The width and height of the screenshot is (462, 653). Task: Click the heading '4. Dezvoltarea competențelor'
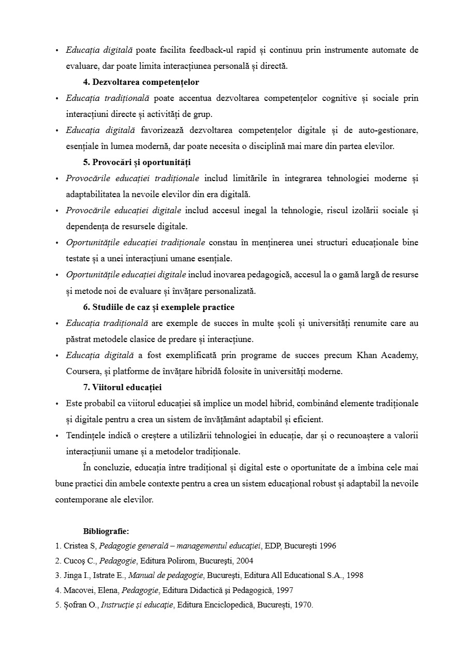[141, 82]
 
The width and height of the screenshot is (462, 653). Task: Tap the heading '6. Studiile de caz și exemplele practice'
[158, 307]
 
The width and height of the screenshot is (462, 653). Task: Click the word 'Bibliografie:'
[106, 531]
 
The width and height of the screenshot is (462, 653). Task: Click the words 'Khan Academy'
[387, 355]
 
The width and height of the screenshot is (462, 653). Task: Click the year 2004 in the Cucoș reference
[244, 561]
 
